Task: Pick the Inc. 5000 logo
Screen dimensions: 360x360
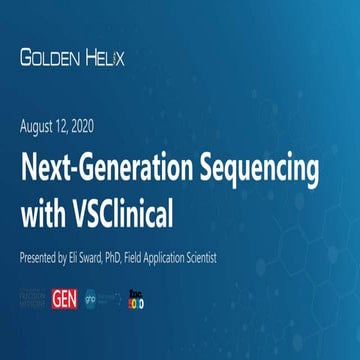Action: (x=134, y=299)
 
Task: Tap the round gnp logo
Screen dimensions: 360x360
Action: (x=88, y=299)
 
